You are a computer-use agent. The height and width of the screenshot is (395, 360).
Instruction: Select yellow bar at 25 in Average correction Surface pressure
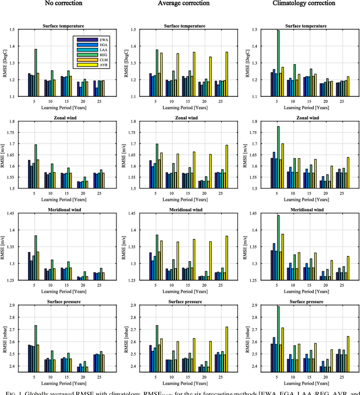pos(227,349)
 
